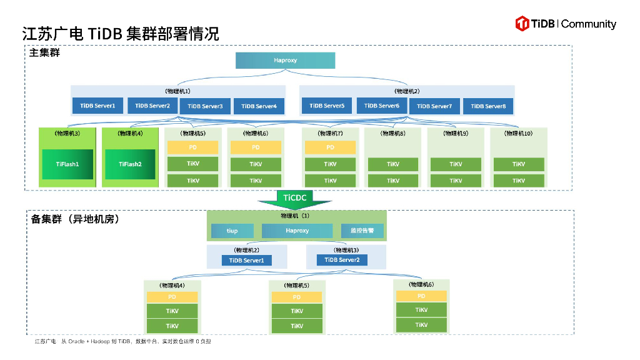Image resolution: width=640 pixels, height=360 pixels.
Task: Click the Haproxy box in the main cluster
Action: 285,61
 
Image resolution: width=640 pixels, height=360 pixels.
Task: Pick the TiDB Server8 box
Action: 487,106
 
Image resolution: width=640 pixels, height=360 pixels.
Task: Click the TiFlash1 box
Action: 67,164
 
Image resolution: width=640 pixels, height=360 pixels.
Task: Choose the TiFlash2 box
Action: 130,164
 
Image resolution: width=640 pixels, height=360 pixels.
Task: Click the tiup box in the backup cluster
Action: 232,231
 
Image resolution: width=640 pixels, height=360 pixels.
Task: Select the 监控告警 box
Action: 362,231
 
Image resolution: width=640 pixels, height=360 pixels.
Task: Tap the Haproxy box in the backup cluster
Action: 297,231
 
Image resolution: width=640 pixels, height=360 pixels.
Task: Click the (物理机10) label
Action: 518,133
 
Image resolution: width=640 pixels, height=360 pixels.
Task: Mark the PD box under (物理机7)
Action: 330,147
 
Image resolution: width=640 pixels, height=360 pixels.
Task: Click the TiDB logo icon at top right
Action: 522,24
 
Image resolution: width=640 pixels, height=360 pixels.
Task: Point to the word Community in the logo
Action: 588,24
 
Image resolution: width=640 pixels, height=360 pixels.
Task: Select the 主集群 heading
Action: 44,53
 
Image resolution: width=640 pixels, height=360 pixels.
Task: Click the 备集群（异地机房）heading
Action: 75,219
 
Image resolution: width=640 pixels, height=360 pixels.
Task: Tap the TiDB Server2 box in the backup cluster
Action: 342,260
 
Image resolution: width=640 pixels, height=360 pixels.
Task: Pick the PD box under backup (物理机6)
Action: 421,296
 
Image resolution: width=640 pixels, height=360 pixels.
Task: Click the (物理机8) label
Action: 392,133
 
